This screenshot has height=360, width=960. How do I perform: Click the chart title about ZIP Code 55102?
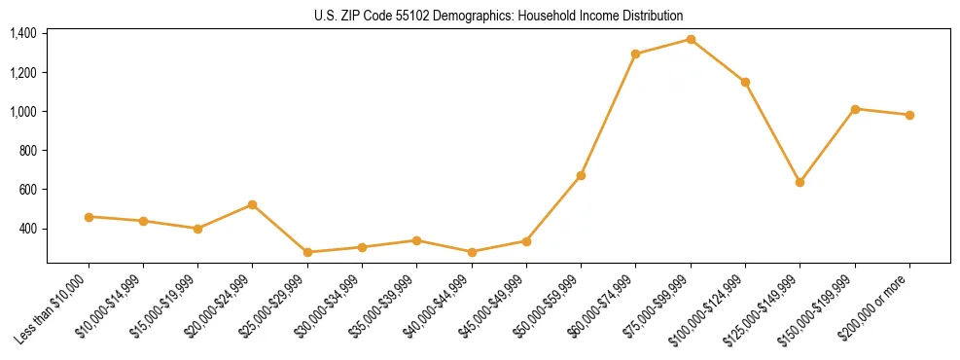click(498, 16)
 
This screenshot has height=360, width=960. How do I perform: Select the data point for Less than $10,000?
click(89, 217)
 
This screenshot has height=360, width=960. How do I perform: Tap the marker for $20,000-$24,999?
click(253, 204)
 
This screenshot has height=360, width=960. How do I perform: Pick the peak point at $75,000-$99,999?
click(691, 39)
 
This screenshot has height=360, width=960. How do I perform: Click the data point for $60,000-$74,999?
click(635, 54)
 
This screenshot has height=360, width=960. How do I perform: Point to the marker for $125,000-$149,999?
click(800, 182)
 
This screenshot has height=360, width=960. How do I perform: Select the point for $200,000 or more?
click(909, 115)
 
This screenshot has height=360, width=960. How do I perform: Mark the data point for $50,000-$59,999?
click(581, 175)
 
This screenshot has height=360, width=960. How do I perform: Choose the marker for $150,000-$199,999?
click(855, 109)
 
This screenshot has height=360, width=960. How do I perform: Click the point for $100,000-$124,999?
click(745, 82)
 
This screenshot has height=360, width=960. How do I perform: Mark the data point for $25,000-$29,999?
click(307, 252)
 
